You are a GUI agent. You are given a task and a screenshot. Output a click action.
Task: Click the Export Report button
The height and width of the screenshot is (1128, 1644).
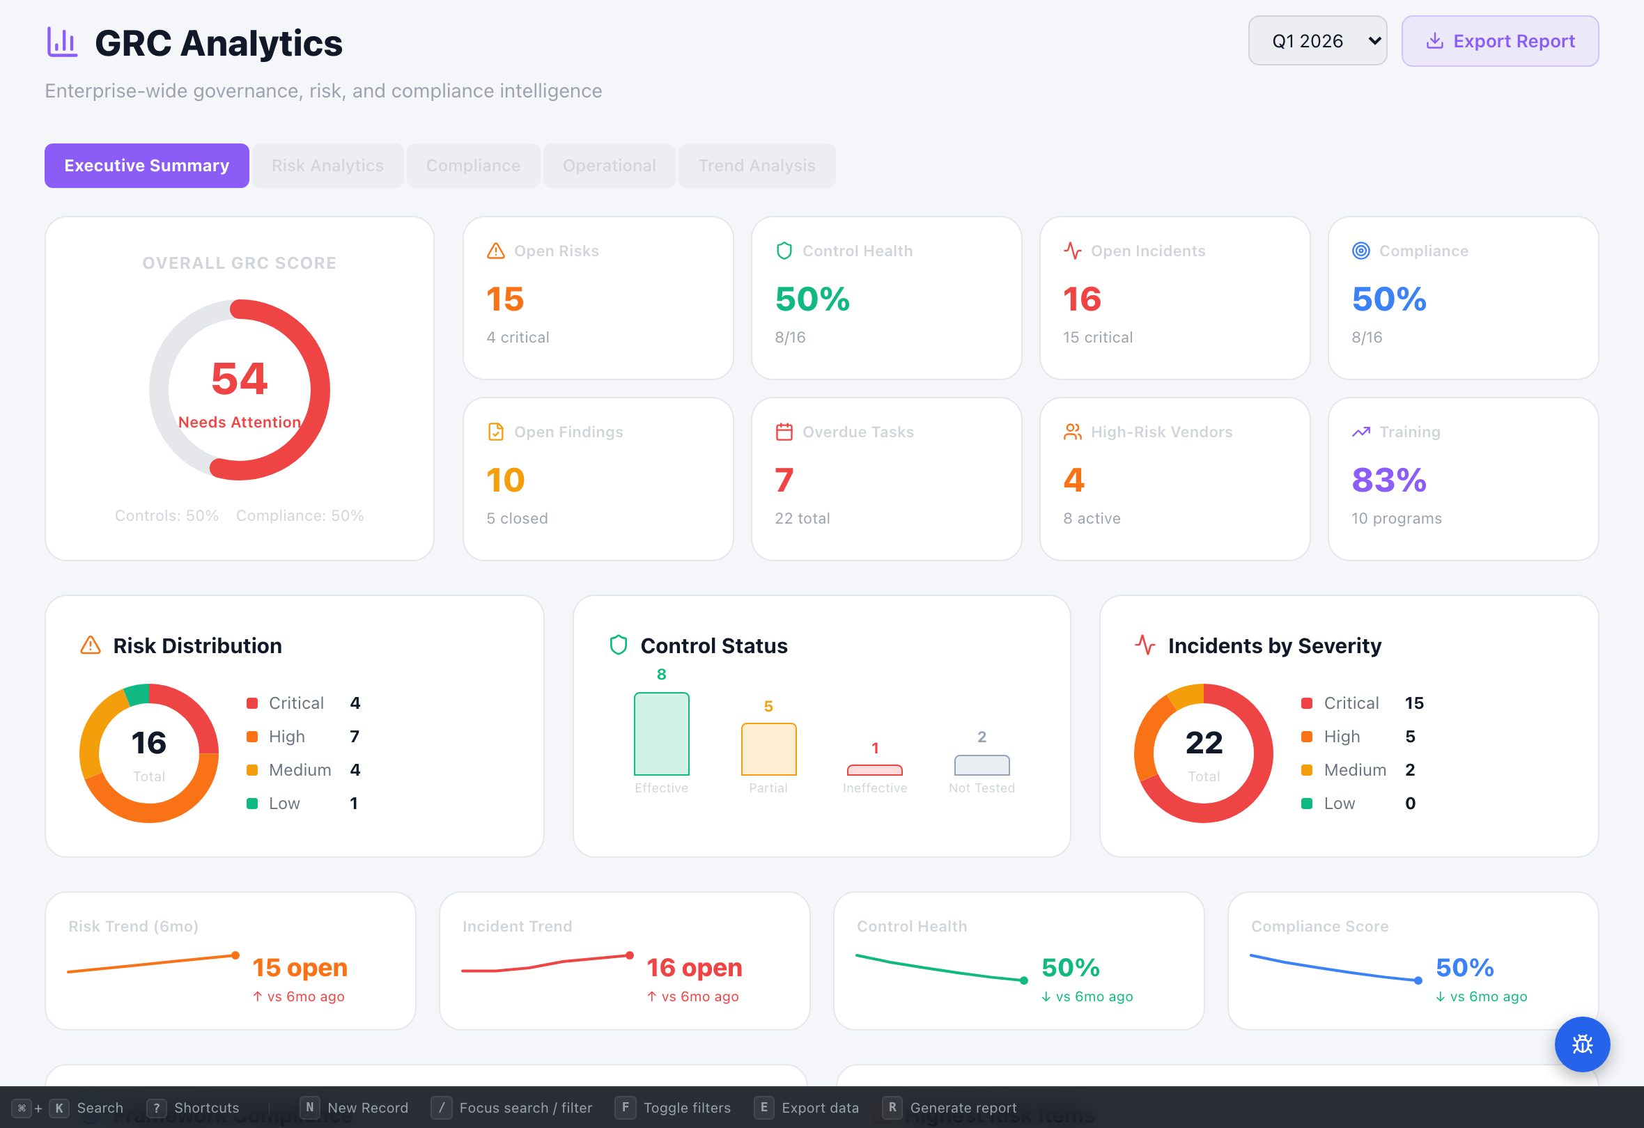[x=1499, y=41]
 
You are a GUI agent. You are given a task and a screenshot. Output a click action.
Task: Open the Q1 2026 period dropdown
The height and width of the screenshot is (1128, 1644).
[x=1317, y=41]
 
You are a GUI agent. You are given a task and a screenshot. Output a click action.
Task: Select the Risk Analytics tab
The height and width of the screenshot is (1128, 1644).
[x=327, y=166]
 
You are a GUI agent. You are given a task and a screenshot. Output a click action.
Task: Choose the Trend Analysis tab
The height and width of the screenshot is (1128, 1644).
[x=757, y=166]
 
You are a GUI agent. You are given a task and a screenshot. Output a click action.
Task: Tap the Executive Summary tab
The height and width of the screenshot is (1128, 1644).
[x=146, y=166]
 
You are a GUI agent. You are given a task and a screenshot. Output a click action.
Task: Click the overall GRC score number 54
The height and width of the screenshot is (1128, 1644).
[x=239, y=379]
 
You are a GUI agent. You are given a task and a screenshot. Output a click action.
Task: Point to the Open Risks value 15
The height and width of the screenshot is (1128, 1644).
[x=505, y=299]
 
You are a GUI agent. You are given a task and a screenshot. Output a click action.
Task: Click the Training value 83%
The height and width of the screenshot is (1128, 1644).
[x=1388, y=480]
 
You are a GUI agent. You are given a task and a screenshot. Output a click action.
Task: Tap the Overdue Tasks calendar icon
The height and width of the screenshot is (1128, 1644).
[x=784, y=432]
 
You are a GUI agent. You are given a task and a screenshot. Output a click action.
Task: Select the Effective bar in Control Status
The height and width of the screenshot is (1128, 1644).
[x=661, y=733]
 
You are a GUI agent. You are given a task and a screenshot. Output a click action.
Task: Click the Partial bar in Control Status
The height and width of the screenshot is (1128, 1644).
[x=768, y=749]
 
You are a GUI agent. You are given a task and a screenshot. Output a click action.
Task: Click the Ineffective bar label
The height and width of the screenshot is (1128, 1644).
[x=874, y=788]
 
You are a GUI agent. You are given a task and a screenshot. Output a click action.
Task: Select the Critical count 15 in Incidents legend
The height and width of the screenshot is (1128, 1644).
[x=1413, y=703]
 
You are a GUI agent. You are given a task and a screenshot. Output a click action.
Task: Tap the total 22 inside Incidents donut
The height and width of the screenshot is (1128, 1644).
[x=1203, y=743]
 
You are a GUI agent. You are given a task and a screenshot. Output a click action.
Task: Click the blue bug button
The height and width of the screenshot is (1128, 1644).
[x=1582, y=1044]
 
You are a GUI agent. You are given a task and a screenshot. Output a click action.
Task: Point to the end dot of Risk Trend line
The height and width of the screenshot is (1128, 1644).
[x=235, y=955]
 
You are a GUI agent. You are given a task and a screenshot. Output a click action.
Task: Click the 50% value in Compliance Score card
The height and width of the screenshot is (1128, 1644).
[x=1464, y=967]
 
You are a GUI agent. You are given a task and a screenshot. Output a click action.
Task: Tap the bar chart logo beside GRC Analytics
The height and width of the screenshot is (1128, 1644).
[x=62, y=42]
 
